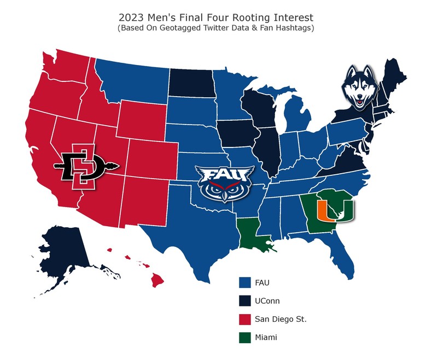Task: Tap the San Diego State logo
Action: point(81,166)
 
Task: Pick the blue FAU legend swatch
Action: point(244,282)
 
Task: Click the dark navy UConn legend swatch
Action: point(244,301)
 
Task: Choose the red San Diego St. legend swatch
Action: point(244,320)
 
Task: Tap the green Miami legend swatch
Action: point(244,338)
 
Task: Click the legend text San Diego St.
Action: point(281,320)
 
